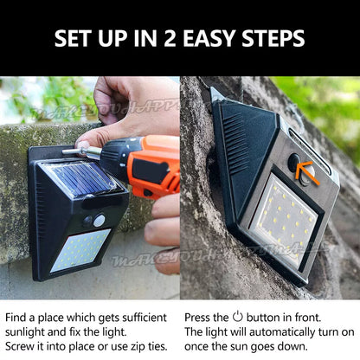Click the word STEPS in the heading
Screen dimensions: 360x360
coord(273,38)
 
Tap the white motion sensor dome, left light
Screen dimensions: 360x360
coord(100,221)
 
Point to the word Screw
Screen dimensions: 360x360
coord(22,345)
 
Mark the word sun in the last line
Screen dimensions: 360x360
coord(250,345)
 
